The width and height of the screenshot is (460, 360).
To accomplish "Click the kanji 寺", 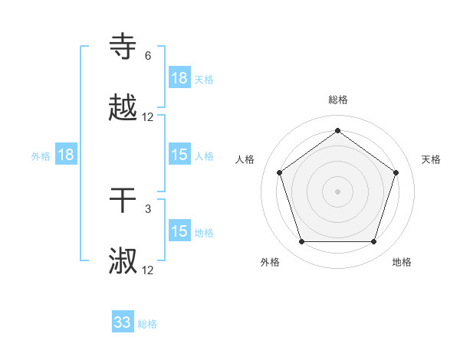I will click(x=123, y=47).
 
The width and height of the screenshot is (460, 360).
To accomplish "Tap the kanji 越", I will click(x=123, y=109).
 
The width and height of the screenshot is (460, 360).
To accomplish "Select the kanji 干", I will click(x=123, y=201).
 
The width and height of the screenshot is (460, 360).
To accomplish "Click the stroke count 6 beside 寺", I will click(x=148, y=56).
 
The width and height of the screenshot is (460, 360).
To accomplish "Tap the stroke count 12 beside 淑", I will click(x=148, y=270).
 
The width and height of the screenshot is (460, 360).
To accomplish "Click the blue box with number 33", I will click(x=123, y=322).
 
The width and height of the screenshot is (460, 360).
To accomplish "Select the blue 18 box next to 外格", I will click(x=66, y=155).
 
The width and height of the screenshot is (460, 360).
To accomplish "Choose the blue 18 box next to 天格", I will click(x=179, y=78).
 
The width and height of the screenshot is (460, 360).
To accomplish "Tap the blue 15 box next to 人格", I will click(x=179, y=155).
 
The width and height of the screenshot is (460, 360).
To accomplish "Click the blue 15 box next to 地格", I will click(x=179, y=231).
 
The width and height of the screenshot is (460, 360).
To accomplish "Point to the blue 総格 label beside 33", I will click(x=147, y=324).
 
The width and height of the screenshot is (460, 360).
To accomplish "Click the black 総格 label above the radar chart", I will click(x=337, y=100).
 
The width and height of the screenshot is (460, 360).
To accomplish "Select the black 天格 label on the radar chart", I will click(x=431, y=159).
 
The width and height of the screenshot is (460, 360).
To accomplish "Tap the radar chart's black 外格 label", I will click(x=270, y=262).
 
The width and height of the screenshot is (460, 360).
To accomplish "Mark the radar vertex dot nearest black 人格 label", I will click(x=279, y=172).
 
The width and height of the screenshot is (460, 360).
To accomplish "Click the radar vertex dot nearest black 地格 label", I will click(x=373, y=242).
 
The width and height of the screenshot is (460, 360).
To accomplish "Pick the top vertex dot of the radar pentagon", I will click(x=337, y=131).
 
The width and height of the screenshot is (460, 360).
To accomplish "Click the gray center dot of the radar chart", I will click(x=337, y=191).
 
